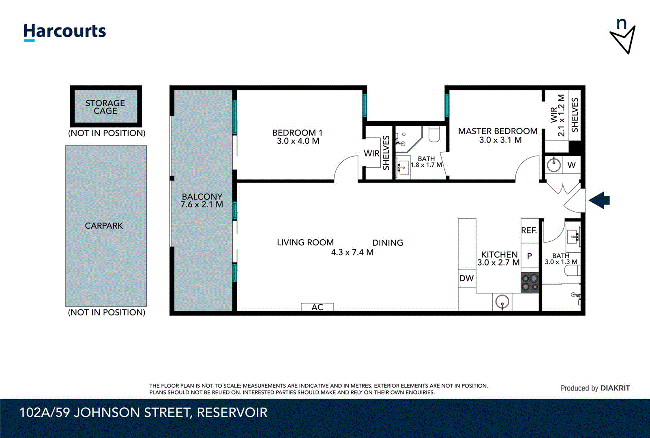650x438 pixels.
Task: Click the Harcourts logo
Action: [64, 32]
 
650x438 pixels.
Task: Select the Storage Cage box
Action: [106, 107]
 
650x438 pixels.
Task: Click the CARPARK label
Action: [104, 226]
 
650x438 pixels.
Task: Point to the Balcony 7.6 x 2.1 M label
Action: [202, 201]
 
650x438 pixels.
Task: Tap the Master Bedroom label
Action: [498, 131]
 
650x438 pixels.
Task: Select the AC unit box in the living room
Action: [317, 307]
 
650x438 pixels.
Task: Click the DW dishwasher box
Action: [467, 278]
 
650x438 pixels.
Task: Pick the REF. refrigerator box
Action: [529, 231]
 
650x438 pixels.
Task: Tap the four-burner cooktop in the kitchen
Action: [530, 283]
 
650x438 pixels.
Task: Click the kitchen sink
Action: [502, 302]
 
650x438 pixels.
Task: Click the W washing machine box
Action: [571, 165]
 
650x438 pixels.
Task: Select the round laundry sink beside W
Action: [553, 165]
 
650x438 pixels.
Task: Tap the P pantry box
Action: [530, 256]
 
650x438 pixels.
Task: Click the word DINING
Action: [388, 243]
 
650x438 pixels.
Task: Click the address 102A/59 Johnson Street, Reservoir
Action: [144, 412]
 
